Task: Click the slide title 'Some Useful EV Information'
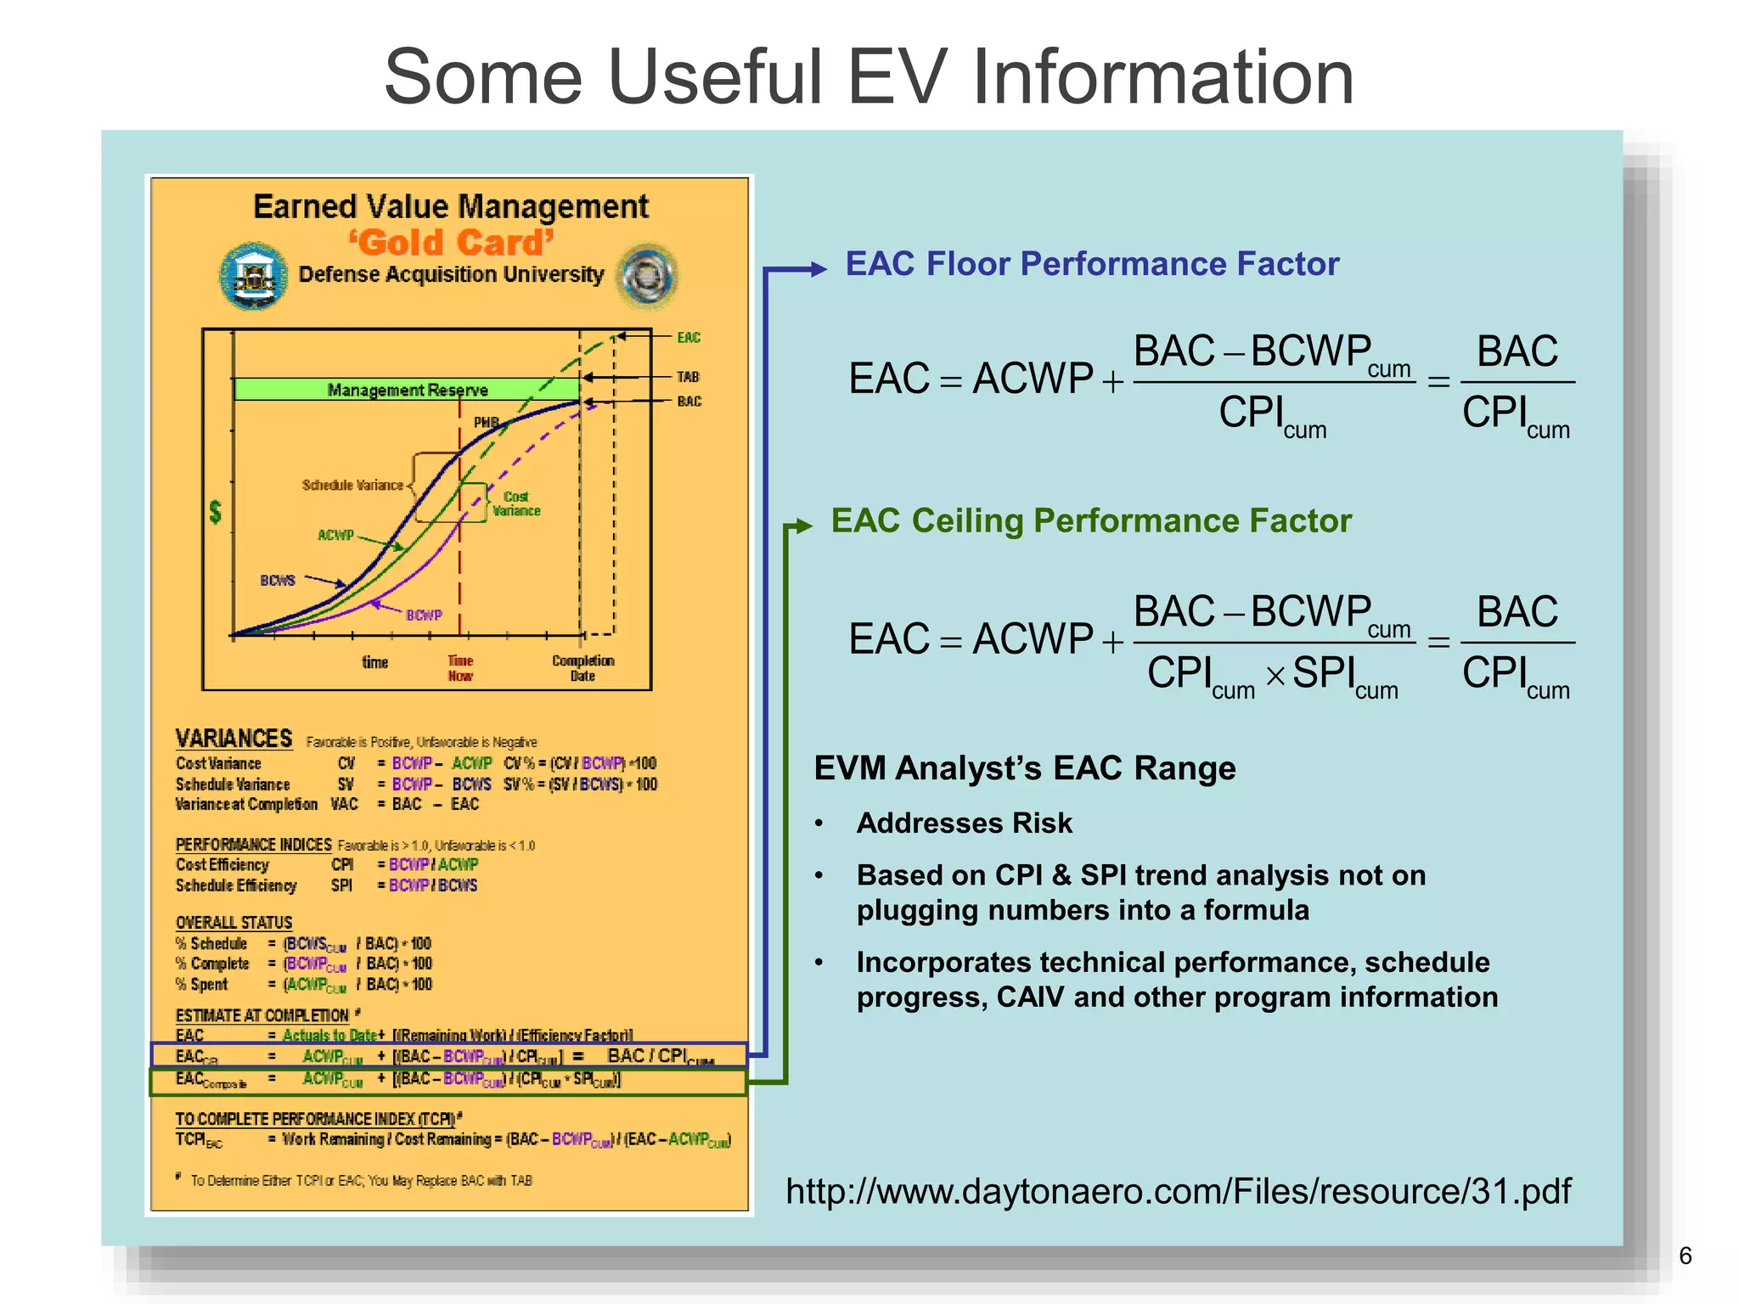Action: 868,77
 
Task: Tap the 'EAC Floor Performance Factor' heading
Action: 1092,264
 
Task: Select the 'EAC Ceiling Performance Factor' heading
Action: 1090,520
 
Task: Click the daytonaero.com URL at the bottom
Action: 1178,1191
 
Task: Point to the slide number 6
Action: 1686,1256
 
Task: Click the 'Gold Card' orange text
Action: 451,243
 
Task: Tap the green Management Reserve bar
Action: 407,390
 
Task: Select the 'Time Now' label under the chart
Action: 460,668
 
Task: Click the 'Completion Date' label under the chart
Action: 582,668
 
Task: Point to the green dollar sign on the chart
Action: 216,511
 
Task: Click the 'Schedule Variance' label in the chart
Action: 352,486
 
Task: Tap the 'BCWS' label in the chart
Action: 278,581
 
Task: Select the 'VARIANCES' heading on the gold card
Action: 234,739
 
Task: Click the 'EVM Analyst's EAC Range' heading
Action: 1024,768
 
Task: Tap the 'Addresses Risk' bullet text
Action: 964,823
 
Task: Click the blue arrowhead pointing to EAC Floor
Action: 818,269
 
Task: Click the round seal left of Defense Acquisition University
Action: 253,276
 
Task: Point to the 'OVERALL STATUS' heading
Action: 234,923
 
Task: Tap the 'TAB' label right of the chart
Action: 688,377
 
